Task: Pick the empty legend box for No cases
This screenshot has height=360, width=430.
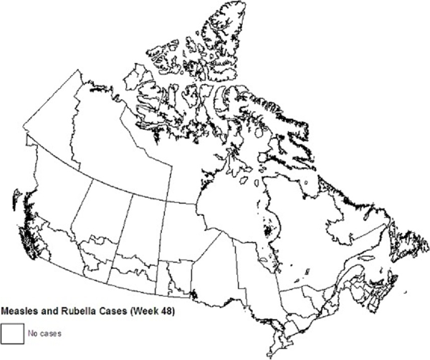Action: tap(11, 332)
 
